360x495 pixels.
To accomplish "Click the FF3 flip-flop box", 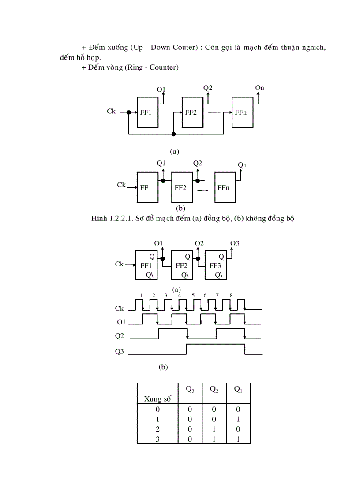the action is (x=216, y=265).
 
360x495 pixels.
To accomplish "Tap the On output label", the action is (x=259, y=88).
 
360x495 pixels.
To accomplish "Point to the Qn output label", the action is (x=242, y=164).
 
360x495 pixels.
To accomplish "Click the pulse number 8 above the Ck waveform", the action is (x=231, y=295).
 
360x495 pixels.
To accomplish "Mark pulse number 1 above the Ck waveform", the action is (x=142, y=295).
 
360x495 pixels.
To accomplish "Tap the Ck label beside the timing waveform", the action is (x=120, y=309).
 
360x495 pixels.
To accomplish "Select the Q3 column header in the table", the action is (x=190, y=389).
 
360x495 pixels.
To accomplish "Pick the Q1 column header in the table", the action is (x=238, y=389).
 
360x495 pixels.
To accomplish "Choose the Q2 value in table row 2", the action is (x=214, y=429).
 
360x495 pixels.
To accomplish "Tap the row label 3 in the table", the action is (x=157, y=439).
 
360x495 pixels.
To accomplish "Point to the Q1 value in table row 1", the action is (x=238, y=419).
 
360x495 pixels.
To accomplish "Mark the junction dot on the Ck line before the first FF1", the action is (x=129, y=112).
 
